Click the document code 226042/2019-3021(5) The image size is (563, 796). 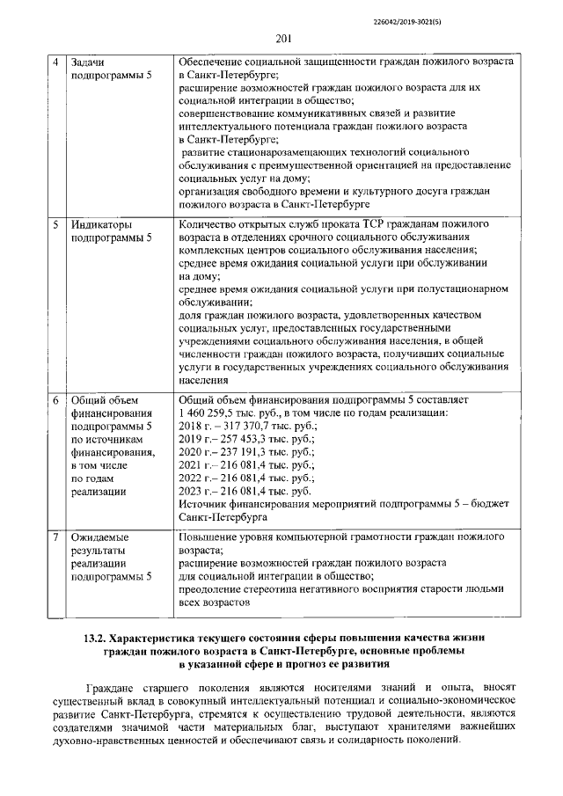pyautogui.click(x=494, y=16)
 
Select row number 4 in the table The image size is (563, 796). pyautogui.click(x=55, y=63)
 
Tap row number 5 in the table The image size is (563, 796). pyautogui.click(x=55, y=224)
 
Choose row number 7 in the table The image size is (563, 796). pyautogui.click(x=55, y=536)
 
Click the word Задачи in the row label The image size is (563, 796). pyautogui.click(x=90, y=63)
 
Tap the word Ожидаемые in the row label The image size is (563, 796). pyautogui.click(x=99, y=536)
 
